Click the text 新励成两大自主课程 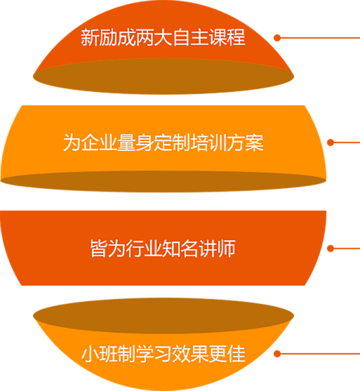163,38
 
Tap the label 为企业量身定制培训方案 164,143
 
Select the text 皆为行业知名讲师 163,248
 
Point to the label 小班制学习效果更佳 164,354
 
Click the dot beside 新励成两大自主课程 277,38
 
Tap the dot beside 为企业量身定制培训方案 331,143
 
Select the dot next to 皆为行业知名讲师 331,248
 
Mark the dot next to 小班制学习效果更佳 277,354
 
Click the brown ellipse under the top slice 164,77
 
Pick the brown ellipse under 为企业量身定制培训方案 164,181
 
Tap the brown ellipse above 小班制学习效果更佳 164,316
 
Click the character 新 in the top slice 90,38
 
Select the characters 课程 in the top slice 227,38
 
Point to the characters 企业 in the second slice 99,143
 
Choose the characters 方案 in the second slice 246,143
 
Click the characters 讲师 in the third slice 218,248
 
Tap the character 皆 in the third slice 99,248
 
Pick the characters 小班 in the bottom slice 99,354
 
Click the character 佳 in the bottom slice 237,354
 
